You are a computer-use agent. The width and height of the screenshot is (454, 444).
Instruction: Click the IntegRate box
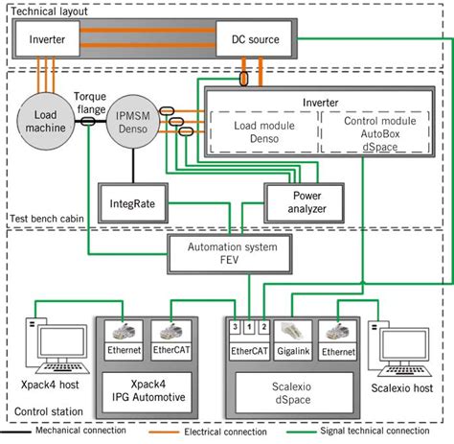pos(131,204)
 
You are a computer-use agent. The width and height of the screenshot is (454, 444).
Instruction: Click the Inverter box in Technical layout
pos(48,39)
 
